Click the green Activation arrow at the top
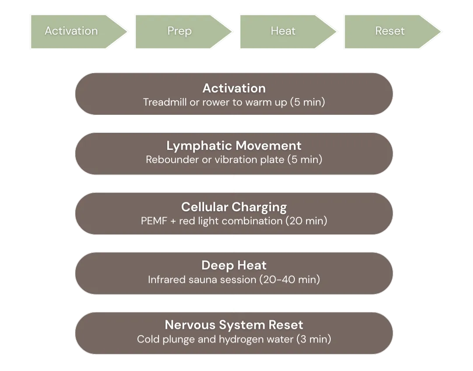point(71,31)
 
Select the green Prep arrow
point(179,31)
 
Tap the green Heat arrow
point(283,31)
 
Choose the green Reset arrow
point(390,31)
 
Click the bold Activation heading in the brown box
point(234,88)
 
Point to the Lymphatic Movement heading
point(234,145)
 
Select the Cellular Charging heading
point(234,207)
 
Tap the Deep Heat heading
point(234,265)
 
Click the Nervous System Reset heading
point(234,325)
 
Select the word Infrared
point(166,279)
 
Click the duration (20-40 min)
point(289,279)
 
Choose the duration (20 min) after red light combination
point(306,221)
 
